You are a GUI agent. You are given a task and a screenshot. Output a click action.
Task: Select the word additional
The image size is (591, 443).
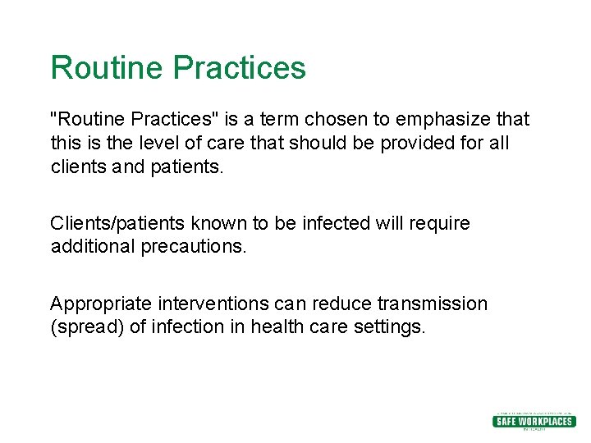tap(88, 246)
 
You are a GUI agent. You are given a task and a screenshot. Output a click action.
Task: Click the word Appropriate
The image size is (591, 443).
tap(97, 304)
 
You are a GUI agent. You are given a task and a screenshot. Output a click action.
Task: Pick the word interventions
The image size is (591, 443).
tap(208, 304)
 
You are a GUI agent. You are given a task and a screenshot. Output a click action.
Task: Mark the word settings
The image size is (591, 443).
tap(389, 327)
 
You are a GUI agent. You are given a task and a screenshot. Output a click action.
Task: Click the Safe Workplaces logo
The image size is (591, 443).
tap(533, 421)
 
